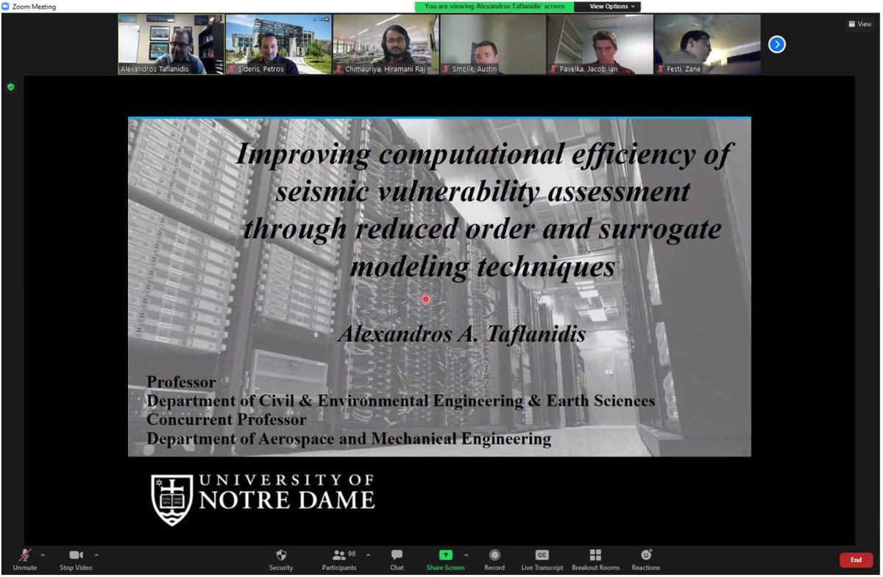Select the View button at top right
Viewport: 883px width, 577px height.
pos(859,24)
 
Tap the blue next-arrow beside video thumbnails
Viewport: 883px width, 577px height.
pos(776,45)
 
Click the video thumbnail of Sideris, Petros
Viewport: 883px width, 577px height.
pos(278,44)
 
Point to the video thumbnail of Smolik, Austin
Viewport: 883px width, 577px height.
pos(492,44)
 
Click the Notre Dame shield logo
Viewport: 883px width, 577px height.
pos(171,499)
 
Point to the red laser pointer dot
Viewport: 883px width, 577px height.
pos(425,300)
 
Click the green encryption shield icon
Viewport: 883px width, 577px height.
pos(10,87)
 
